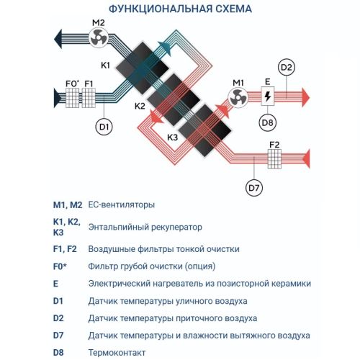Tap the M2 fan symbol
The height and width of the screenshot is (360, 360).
99,36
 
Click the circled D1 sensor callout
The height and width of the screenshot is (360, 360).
104,127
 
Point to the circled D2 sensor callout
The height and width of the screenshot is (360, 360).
287,68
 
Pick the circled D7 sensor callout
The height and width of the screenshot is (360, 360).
254,189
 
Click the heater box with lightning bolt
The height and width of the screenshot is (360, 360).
267,96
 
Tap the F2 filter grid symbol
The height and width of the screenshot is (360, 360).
274,156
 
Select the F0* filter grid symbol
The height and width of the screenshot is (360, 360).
71,96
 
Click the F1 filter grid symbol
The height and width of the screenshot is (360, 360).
89,96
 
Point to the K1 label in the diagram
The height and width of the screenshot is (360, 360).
105,66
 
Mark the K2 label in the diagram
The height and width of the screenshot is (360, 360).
140,106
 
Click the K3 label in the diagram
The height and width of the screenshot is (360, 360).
173,137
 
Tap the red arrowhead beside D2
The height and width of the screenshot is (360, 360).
305,95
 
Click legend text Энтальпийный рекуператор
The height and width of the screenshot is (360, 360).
145,227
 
